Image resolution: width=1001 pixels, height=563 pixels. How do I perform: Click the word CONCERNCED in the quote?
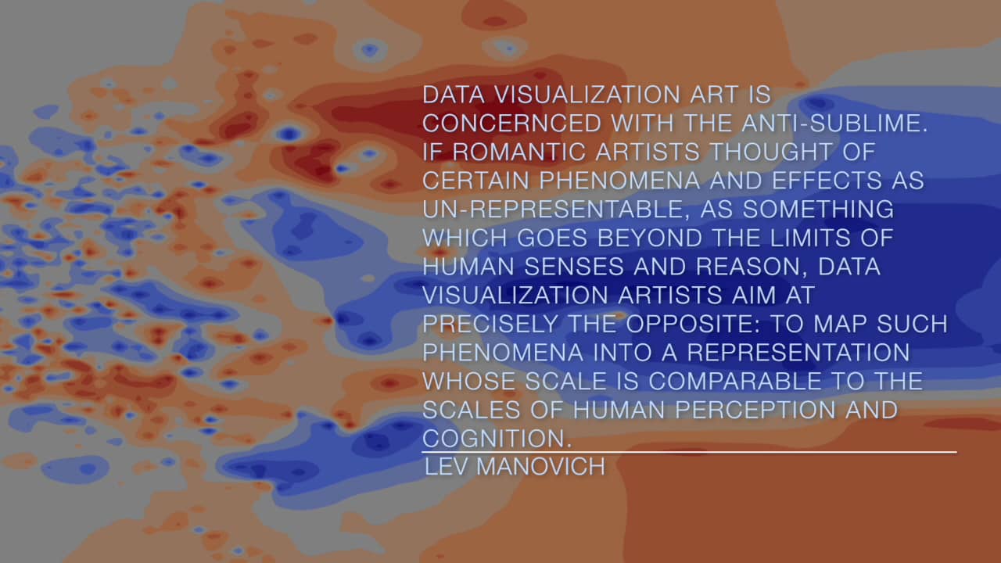pos(511,123)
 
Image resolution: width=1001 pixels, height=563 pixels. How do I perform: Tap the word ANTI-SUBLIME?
pos(834,123)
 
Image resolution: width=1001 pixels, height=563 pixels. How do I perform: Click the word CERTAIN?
pos(476,180)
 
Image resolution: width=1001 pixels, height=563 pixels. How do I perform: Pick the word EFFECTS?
pos(827,180)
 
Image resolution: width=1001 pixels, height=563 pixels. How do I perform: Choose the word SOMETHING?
pos(818,209)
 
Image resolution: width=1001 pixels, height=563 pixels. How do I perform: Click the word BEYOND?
pos(650,238)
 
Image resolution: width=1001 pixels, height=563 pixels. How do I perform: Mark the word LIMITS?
pos(810,238)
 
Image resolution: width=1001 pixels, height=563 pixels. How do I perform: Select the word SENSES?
pos(574,267)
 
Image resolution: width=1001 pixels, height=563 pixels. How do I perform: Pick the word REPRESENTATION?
pos(798,352)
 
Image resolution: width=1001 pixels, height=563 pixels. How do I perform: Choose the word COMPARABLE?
pos(734,381)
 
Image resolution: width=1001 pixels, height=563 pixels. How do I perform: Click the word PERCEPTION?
pos(755,409)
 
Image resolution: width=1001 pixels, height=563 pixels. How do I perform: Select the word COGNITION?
pos(497,439)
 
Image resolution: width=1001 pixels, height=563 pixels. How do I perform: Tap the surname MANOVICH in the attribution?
pos(540,467)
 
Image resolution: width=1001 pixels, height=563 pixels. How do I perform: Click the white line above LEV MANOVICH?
pos(689,452)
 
